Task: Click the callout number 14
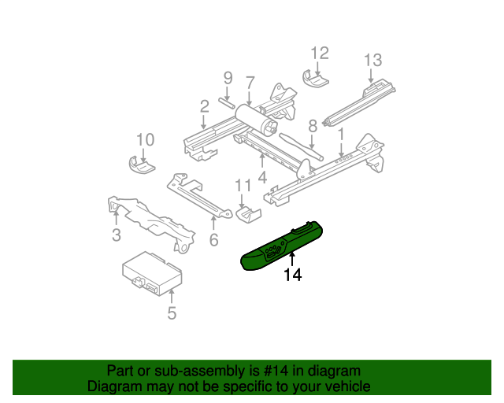pos(293,275)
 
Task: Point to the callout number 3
pos(116,235)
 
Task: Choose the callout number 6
pos(213,240)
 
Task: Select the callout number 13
pos(372,60)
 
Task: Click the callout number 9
pos(228,78)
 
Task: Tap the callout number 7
pos(250,82)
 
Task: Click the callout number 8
pos(312,125)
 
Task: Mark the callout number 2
pos(204,106)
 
